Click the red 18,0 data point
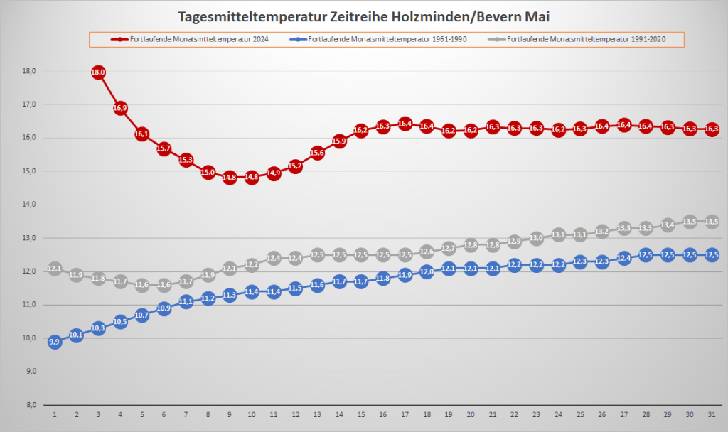pos(98,72)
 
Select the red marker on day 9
pos(230,178)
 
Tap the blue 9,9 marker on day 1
pos(55,342)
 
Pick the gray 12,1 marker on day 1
pos(55,269)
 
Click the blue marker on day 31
pos(712,255)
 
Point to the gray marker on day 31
pos(712,222)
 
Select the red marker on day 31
pos(712,129)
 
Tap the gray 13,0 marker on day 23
pos(537,238)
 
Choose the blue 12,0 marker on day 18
pos(427,271)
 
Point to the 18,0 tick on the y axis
pos(29,71)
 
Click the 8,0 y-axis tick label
pos(31,405)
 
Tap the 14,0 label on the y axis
pos(29,205)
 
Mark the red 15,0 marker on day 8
pos(208,172)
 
